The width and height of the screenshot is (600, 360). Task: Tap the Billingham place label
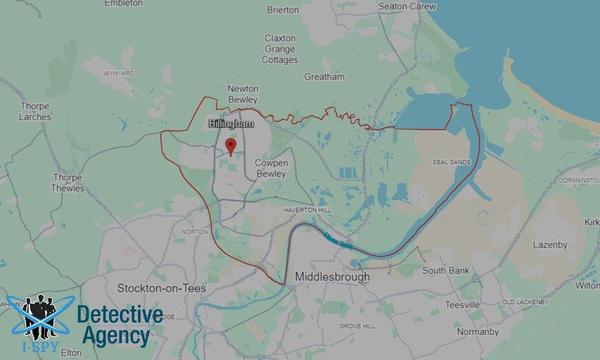point(232,124)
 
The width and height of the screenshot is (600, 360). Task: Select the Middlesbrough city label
point(332,277)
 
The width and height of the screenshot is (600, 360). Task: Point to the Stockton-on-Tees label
point(161,289)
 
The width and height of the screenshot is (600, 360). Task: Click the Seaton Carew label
point(407,6)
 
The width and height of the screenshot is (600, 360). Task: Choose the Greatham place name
point(325,77)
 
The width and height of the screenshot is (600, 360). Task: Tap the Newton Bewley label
point(242,94)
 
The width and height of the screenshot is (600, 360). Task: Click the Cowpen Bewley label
point(271,168)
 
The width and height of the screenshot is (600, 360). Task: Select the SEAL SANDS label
point(451,163)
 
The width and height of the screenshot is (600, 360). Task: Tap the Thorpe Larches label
point(35,112)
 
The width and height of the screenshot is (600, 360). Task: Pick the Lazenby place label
point(550,245)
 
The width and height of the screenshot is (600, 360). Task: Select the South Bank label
point(446,271)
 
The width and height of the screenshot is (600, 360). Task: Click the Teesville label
point(463,305)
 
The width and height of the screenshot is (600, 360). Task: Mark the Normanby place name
point(478,332)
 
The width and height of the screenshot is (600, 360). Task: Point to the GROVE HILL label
point(357,326)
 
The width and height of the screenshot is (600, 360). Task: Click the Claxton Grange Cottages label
point(280,49)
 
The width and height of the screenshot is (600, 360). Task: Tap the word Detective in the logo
point(120,314)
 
